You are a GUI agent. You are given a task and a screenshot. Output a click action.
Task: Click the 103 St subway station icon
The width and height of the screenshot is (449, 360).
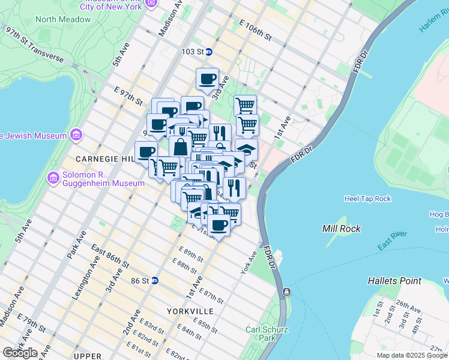[x=209, y=52]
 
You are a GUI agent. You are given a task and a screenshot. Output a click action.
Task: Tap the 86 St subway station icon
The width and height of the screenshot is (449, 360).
[x=154, y=280]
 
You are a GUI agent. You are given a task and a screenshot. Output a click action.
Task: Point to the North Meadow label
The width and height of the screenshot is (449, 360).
[x=63, y=19]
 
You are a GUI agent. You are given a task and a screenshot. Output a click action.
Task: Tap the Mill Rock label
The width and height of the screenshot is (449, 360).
[x=341, y=229]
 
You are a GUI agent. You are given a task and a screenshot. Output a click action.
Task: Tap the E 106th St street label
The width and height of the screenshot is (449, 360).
[x=255, y=30]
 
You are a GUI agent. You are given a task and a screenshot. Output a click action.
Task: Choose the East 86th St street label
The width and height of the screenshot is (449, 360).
[x=110, y=256]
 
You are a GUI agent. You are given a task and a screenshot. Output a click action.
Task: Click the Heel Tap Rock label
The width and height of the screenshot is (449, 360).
[x=368, y=199]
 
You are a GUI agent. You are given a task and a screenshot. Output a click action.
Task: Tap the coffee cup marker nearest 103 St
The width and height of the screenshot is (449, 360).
[x=208, y=79]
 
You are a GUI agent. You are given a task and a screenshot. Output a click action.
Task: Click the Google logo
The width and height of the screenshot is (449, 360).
[x=20, y=352]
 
